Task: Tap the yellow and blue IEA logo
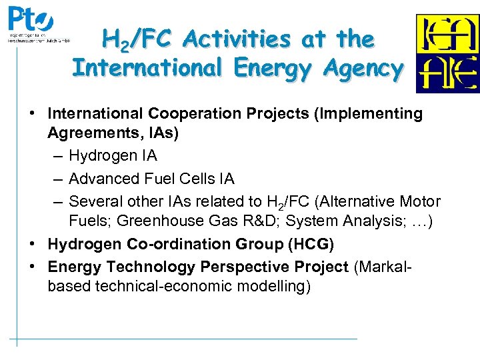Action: coord(447,53)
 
